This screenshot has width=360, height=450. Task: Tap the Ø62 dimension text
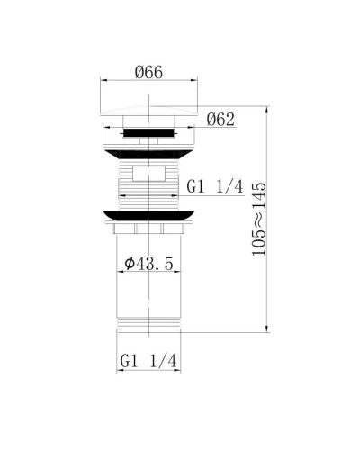[x=220, y=119]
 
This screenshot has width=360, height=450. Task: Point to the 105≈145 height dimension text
[x=260, y=220]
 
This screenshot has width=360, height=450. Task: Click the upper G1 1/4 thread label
[x=216, y=186]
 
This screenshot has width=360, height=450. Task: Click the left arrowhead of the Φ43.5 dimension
[x=120, y=273]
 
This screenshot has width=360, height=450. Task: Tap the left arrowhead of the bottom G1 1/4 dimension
[x=118, y=372]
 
